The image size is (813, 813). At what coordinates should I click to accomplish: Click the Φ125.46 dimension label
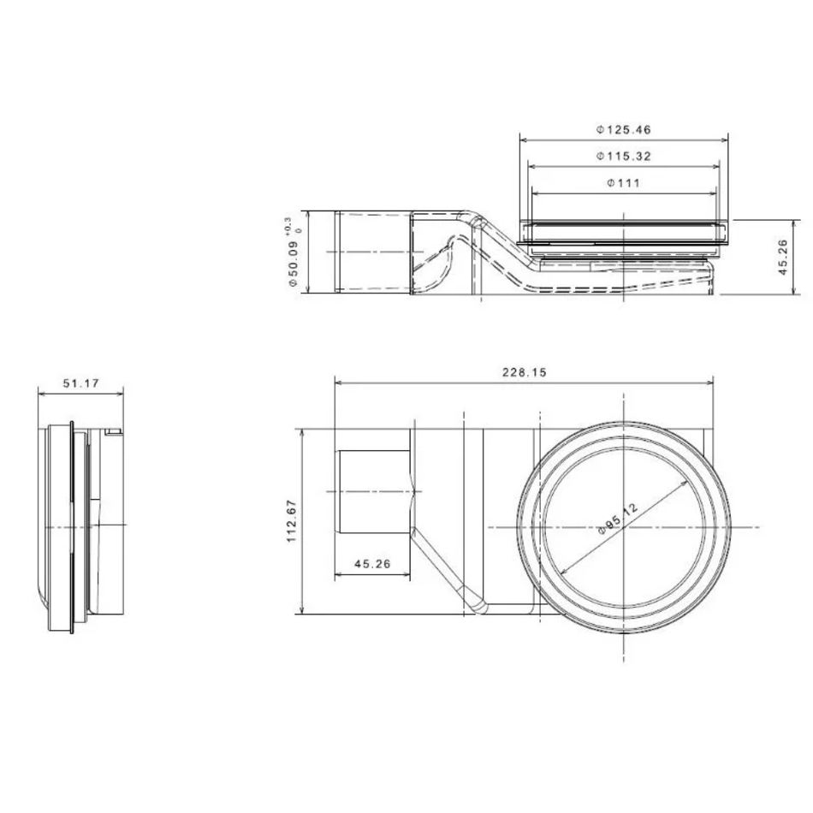pos(623,129)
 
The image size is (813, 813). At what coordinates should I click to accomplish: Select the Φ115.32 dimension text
pos(623,156)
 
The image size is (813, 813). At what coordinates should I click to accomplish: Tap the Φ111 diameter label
pos(623,182)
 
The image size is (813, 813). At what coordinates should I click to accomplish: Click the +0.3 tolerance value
pos(288,224)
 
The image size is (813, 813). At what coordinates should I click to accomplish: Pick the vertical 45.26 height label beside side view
pos(783,258)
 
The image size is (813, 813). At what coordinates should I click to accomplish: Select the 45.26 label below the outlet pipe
pos(372,564)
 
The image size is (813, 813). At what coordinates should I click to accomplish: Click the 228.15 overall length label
pos(525,372)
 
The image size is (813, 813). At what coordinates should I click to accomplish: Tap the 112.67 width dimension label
pos(291,521)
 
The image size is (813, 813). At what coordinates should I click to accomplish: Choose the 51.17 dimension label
pos(81,383)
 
